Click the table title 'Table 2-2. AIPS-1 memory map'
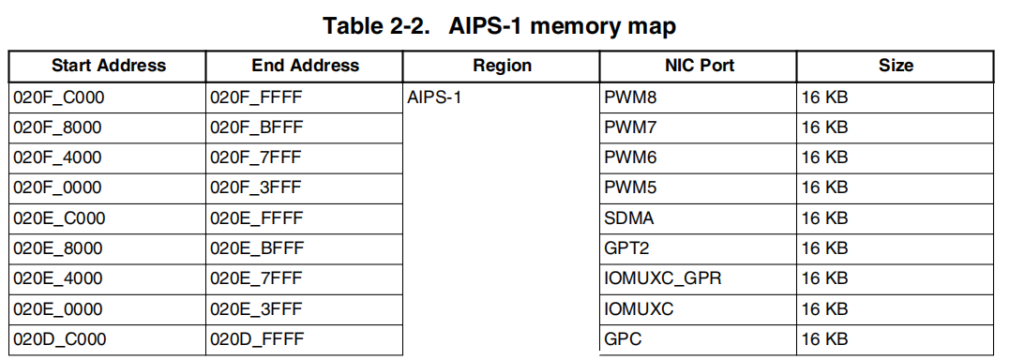click(499, 26)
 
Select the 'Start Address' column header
click(108, 66)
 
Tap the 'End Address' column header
click(305, 66)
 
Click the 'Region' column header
click(502, 66)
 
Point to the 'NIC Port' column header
click(699, 66)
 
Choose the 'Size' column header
click(896, 66)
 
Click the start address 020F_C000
click(58, 97)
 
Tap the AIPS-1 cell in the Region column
click(435, 97)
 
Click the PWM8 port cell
click(630, 97)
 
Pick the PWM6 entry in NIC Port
click(630, 157)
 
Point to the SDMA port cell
click(629, 218)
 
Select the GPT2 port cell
click(627, 248)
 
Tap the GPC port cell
click(624, 339)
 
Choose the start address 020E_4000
click(58, 278)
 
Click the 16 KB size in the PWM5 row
click(825, 188)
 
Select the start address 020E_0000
click(58, 309)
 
